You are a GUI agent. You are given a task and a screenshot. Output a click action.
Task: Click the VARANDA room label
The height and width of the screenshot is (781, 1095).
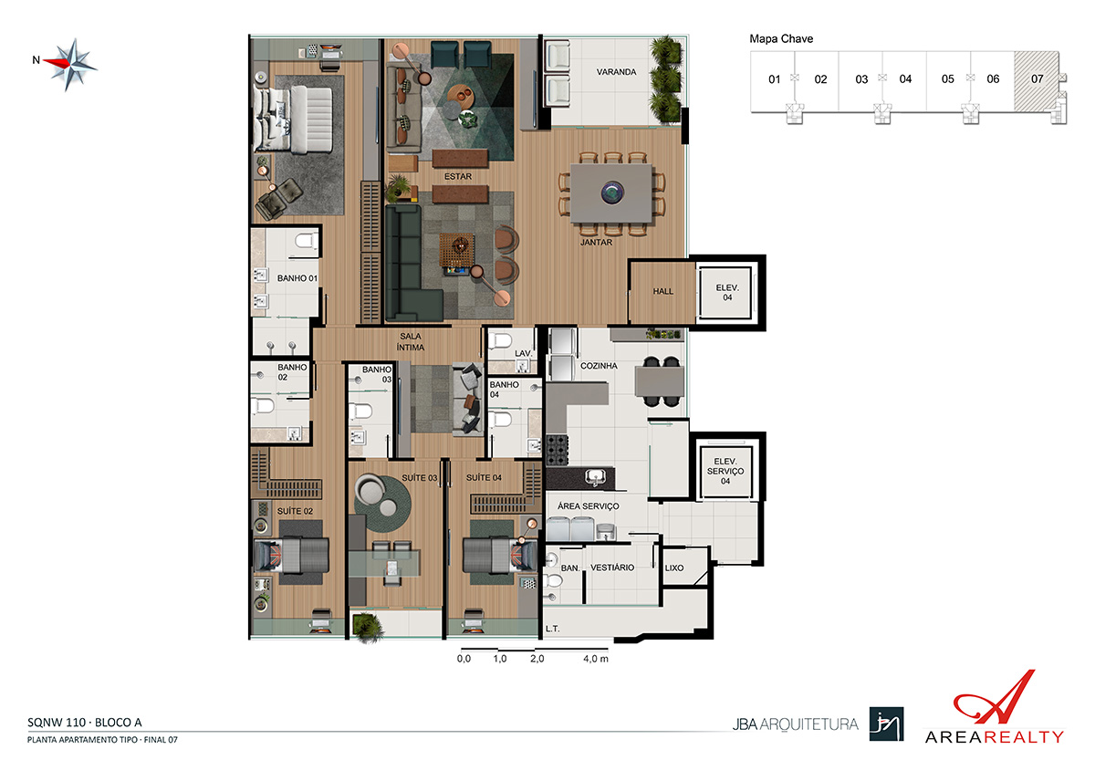[x=616, y=72]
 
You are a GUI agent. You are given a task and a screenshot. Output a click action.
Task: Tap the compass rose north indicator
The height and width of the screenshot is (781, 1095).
[x=36, y=60]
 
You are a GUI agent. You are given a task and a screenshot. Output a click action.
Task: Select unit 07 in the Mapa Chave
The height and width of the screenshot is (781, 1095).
[x=1037, y=79]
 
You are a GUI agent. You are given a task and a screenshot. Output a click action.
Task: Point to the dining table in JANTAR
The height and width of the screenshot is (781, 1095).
[x=611, y=193]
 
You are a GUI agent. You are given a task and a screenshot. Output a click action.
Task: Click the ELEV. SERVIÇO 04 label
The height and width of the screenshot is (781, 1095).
[x=725, y=471]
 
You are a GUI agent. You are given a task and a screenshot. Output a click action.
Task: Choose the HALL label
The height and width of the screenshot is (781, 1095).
[x=662, y=291]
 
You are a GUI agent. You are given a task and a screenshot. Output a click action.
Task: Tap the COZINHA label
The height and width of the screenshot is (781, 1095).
[x=599, y=366]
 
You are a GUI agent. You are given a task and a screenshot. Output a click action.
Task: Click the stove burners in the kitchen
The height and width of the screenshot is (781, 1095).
[x=557, y=450]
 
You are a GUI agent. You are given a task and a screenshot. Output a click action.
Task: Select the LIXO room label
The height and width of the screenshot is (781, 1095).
[x=674, y=568]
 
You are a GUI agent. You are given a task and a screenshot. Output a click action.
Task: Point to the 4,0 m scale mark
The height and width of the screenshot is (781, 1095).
[x=595, y=659]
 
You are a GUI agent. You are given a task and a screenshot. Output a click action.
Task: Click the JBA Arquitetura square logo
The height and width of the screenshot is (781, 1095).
[x=886, y=724]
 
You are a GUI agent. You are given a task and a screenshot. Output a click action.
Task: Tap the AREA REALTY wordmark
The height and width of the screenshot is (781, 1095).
[x=995, y=737]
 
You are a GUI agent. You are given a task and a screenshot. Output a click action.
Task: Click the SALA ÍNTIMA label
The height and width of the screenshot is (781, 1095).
[x=410, y=341]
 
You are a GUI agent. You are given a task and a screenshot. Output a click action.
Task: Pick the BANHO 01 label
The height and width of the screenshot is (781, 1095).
[x=297, y=278]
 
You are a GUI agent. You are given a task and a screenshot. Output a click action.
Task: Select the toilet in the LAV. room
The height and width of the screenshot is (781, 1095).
[x=500, y=340]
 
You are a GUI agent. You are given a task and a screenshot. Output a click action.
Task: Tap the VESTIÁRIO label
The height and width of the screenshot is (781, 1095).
[x=612, y=568]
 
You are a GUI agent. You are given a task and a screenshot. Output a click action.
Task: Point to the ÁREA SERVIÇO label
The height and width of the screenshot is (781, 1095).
[x=588, y=506]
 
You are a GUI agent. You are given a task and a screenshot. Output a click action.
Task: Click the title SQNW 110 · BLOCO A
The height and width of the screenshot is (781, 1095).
[x=85, y=723]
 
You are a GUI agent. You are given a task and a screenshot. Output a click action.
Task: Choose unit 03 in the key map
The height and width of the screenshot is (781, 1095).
[x=861, y=79]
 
